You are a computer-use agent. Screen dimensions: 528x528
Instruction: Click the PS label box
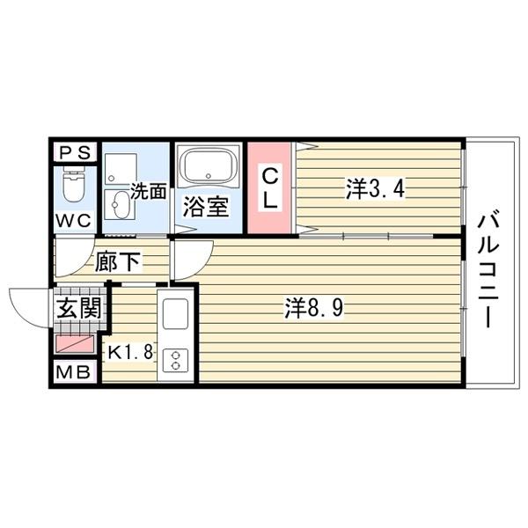pos(74,152)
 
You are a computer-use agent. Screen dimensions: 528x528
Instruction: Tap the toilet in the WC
pos(75,186)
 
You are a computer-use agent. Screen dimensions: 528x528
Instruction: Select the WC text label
pos(75,221)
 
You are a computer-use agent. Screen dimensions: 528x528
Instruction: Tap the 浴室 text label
pos(207,209)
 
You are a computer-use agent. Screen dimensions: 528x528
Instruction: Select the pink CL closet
pos(270,187)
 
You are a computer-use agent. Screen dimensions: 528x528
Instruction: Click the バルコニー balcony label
pos(488,268)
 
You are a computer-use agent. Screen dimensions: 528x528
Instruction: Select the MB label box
pos(74,373)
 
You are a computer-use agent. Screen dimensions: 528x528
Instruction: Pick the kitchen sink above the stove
pos(176,315)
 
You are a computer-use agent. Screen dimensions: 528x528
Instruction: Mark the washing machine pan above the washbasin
pos(117,166)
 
